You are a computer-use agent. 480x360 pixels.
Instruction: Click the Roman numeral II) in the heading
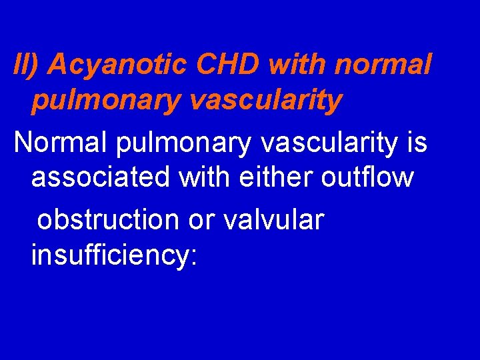click(27, 65)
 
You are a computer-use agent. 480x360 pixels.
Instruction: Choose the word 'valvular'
click(274, 219)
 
